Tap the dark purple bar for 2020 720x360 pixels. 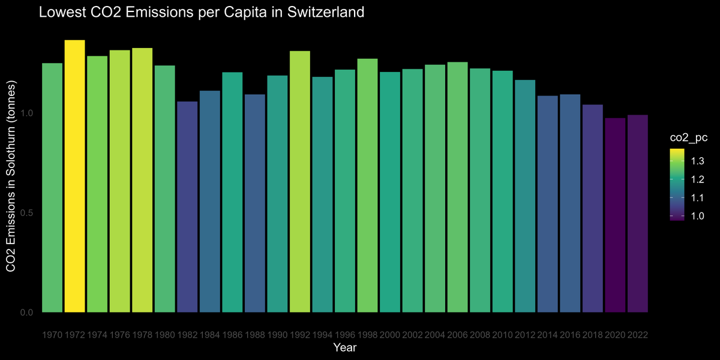pos(614,215)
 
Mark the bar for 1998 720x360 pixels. pos(367,185)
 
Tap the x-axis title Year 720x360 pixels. pos(344,347)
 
